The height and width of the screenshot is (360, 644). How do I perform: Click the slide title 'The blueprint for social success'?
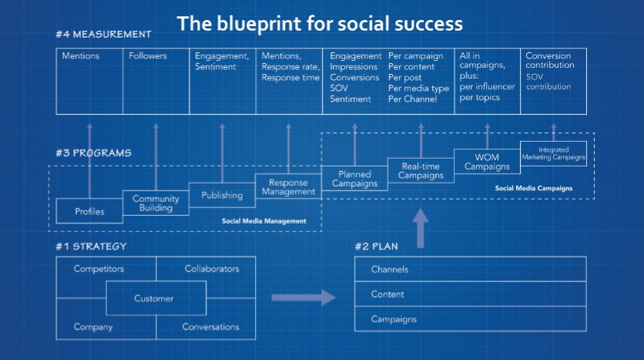[320, 23]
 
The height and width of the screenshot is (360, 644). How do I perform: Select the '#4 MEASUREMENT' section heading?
[103, 35]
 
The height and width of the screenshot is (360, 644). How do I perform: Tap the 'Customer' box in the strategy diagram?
[154, 298]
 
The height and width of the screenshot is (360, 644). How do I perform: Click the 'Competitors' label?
[99, 269]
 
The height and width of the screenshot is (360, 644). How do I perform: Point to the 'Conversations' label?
[210, 327]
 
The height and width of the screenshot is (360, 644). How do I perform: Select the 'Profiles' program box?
[89, 211]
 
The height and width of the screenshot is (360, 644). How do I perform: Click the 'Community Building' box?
[156, 204]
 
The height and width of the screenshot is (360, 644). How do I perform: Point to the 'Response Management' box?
[288, 187]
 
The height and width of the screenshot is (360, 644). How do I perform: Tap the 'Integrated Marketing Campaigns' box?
[553, 153]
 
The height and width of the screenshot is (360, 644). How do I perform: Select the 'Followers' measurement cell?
[147, 56]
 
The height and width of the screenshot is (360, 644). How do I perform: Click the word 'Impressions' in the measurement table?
[355, 67]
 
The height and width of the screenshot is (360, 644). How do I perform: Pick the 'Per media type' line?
[418, 89]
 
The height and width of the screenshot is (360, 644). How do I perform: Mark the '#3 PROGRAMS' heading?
[94, 153]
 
